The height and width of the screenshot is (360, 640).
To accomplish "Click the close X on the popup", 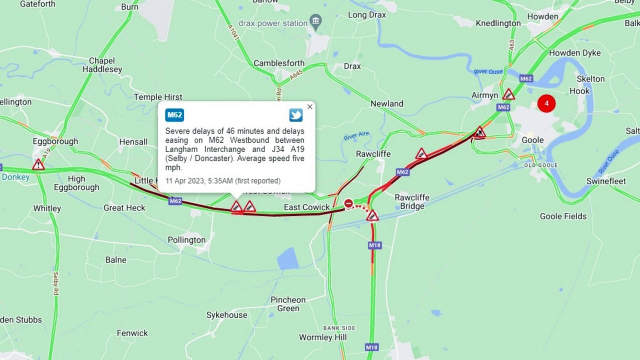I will click(309, 106).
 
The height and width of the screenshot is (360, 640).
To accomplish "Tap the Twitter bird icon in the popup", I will click(296, 115).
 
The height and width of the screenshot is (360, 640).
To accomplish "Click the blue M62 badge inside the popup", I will click(174, 115).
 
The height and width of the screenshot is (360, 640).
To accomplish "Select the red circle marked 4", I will click(546, 103).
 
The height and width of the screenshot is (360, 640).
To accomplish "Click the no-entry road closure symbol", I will click(348, 203).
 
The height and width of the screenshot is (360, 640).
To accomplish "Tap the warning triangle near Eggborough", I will click(38, 164).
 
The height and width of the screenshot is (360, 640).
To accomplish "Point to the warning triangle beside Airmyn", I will click(508, 94).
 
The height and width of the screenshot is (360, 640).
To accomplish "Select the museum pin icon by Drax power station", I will click(315, 21).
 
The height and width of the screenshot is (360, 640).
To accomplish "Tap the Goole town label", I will click(532, 140).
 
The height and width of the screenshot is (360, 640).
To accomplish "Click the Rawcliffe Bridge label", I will click(412, 201).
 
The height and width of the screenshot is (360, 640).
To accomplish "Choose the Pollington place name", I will click(186, 240).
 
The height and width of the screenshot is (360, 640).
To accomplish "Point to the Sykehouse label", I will click(226, 315).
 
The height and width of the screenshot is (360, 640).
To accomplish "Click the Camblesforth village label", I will click(279, 63).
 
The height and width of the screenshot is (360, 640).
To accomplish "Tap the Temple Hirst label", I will click(158, 97).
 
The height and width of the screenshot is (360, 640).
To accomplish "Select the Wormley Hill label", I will click(322, 337).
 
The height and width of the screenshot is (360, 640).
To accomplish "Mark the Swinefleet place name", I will click(606, 181).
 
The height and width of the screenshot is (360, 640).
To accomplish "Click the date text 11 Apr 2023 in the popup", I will click(185, 181).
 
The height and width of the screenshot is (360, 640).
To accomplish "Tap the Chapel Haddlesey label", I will click(102, 65).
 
